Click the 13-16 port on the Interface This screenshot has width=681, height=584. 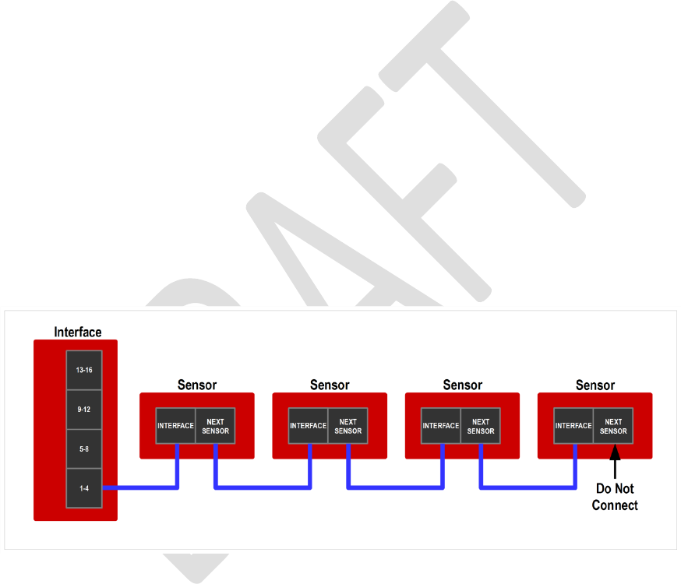pos(84,371)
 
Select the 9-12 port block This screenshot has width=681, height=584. pos(84,410)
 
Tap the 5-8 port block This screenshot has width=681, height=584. pos(84,449)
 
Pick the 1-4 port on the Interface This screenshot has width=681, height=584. pos(84,488)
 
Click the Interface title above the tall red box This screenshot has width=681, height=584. pos(77,332)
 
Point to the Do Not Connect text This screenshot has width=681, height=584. pos(614,497)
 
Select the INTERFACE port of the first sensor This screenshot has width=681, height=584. pos(175,426)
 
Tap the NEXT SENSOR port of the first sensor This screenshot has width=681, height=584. pos(215,426)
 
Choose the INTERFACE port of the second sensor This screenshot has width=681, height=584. pos(308,426)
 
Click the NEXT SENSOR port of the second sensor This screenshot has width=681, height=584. pos(348,426)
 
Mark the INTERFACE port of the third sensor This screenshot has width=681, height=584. pos(441,426)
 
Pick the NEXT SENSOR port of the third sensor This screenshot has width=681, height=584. pos(481,426)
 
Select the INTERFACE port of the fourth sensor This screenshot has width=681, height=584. pos(573,426)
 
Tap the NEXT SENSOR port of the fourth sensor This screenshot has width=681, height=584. pos(613,426)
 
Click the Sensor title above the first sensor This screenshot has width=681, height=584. pos(197,385)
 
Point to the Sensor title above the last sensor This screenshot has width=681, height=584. pos(595,385)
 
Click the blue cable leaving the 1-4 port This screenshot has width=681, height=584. pos(140,488)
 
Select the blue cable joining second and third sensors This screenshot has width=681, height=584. pos(396,488)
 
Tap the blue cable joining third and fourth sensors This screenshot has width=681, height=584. pos(528,488)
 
